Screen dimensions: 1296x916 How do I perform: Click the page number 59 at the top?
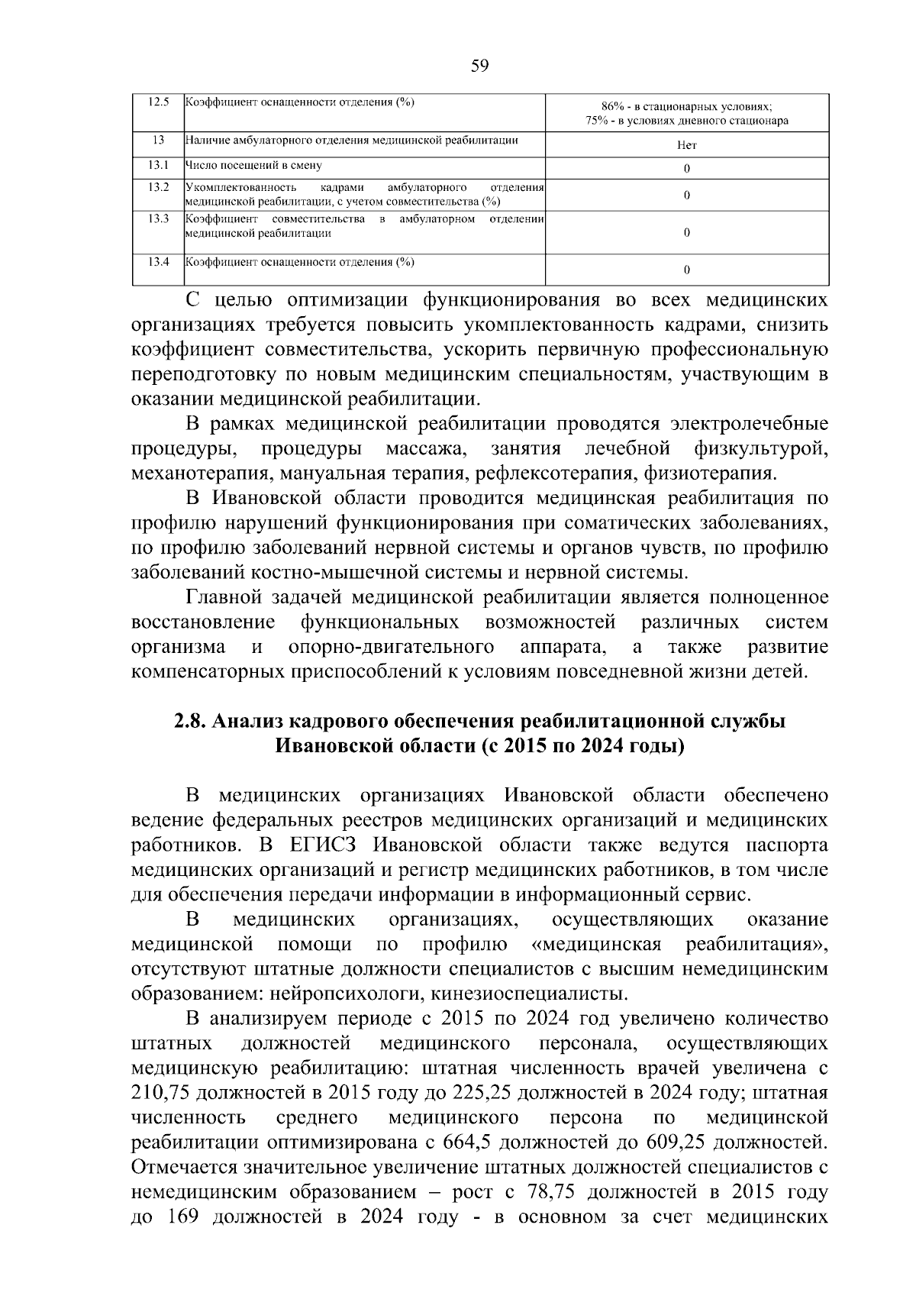coord(479,66)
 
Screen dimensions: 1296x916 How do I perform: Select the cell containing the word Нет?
coord(686,145)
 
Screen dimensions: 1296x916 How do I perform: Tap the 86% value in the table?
coord(613,107)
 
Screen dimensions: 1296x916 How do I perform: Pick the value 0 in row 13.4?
coord(686,270)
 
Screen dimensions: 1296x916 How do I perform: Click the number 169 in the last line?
coord(182,1217)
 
